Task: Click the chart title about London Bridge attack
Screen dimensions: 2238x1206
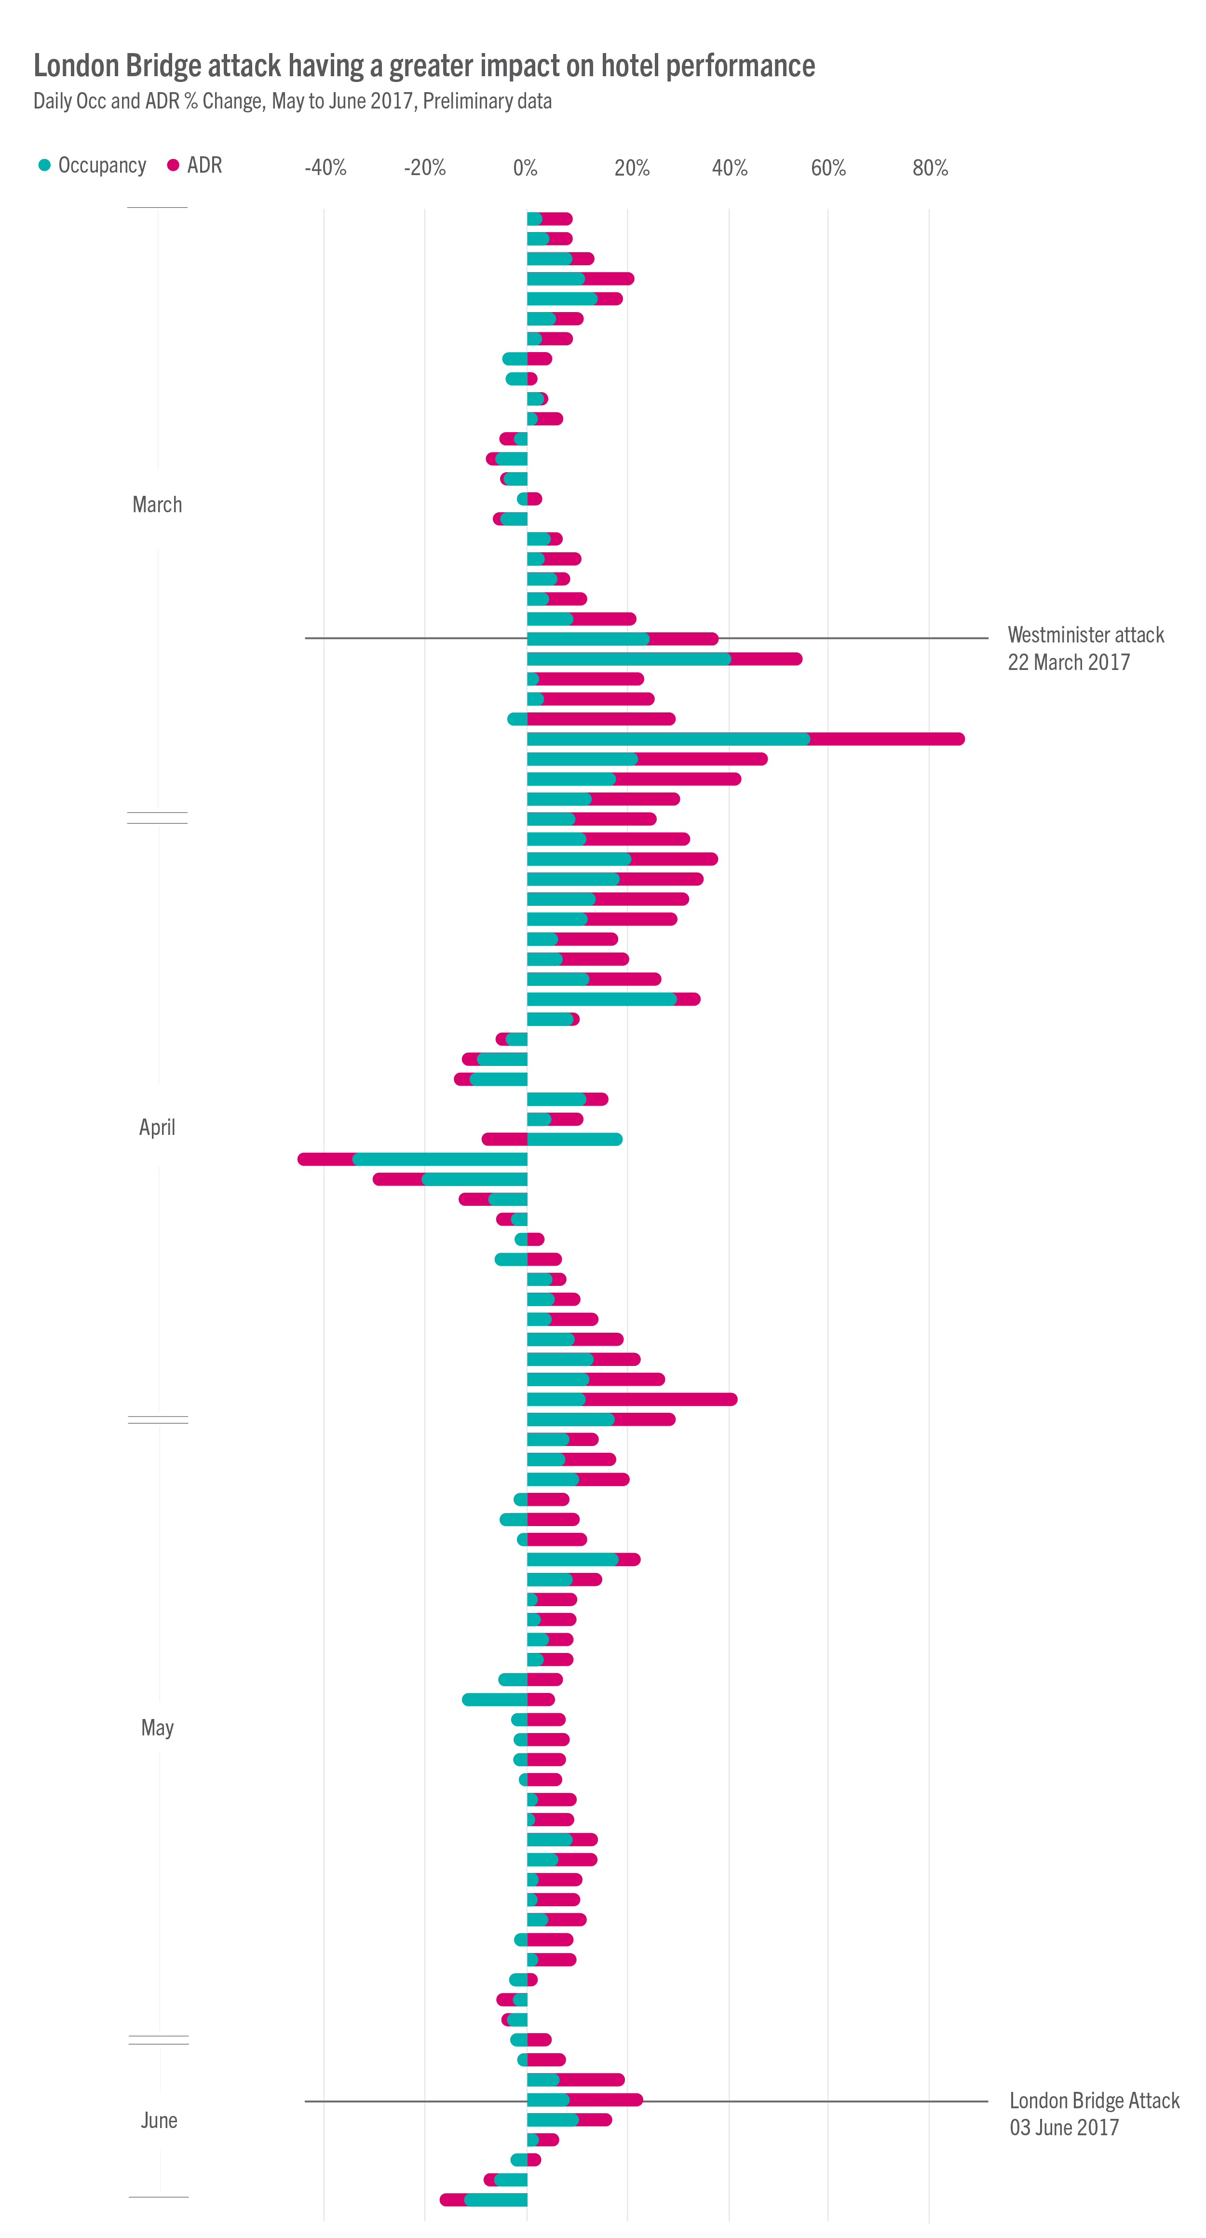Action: [x=424, y=66]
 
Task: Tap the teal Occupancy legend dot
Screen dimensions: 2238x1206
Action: [x=44, y=165]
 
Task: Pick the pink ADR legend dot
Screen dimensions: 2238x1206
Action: [x=173, y=165]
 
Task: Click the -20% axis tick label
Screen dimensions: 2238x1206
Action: [x=425, y=168]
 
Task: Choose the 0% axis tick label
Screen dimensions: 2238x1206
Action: [x=525, y=168]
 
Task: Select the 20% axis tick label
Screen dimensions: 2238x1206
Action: [x=632, y=168]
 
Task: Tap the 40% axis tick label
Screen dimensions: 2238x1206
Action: [x=730, y=168]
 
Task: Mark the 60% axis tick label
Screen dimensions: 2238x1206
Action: [x=828, y=168]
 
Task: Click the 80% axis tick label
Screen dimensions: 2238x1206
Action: [x=930, y=168]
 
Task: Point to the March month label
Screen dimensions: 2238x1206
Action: [x=157, y=505]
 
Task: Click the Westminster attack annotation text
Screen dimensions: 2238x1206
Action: [x=1085, y=635]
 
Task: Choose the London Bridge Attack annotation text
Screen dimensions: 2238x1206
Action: [x=1094, y=2101]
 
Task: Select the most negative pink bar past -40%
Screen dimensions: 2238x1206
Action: [x=326, y=1159]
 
